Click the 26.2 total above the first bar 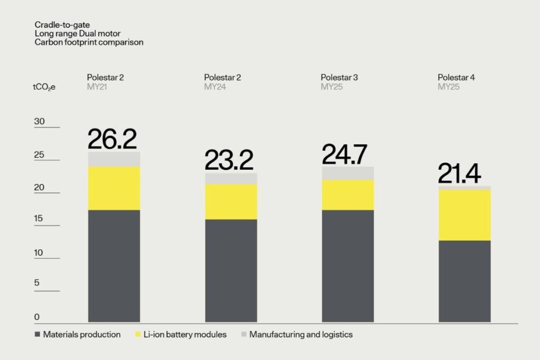tap(112, 139)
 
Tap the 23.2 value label tap(229, 160)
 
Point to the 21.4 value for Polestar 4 tap(459, 174)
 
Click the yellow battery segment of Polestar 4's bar tap(465, 215)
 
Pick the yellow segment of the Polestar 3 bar tap(348, 195)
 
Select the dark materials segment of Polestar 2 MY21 tap(113, 266)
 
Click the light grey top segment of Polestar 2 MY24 tap(230, 179)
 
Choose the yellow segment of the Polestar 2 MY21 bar tap(113, 188)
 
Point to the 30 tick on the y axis tap(40, 121)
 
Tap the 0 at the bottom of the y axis tap(37, 317)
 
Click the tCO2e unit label tap(44, 87)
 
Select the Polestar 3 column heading tap(339, 77)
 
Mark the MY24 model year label tap(215, 87)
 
